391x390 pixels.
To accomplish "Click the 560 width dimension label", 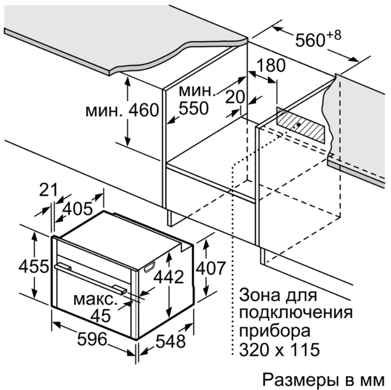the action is pos(310,40).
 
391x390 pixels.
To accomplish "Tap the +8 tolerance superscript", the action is pos(334,35).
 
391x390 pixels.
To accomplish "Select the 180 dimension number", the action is pos(271,66).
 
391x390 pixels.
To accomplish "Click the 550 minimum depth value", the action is pos(194,108).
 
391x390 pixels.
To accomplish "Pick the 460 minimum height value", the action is pos(144,110).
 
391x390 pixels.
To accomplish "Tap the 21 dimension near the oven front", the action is pos(49,190).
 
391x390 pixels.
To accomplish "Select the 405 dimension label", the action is pos(77,209).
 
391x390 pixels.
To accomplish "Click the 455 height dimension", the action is pos(34,266).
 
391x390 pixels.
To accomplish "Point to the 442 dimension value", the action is pos(169,277).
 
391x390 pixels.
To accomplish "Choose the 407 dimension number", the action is pos(211,268).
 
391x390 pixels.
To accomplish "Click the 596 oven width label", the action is pos(92,339).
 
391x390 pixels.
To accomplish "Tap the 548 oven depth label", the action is pos(171,341).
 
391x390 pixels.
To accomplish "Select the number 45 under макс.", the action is pos(101,316).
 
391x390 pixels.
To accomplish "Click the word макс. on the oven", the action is pos(95,300).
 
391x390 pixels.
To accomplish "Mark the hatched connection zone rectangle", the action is pos(301,125).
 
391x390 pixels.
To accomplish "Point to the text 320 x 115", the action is pos(279,349).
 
